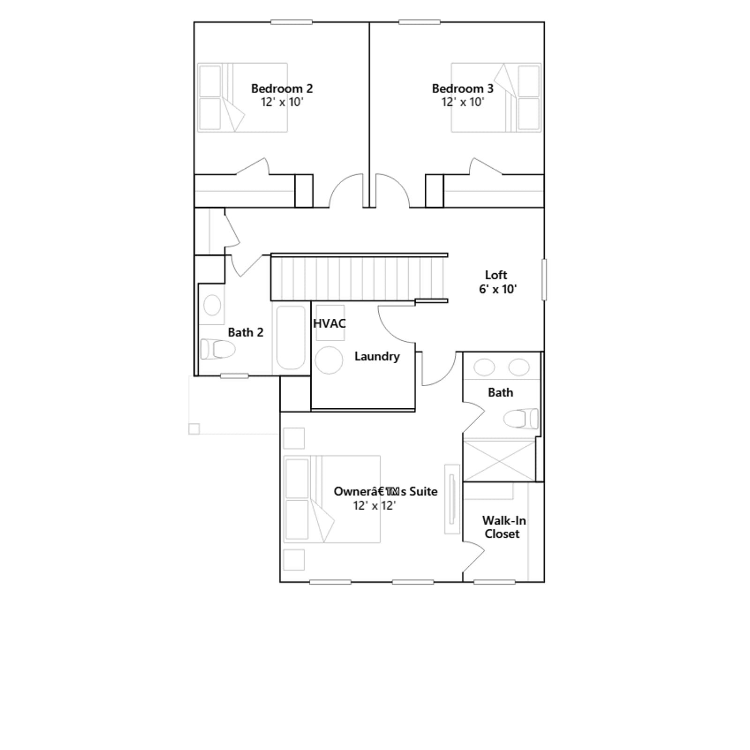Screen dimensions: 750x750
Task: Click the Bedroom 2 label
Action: click(282, 89)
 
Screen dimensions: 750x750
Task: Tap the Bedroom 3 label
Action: click(463, 89)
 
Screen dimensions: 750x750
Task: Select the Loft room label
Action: click(496, 275)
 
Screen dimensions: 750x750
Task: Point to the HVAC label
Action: click(330, 323)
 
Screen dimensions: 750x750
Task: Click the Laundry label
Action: click(377, 356)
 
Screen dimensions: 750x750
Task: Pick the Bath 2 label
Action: click(246, 332)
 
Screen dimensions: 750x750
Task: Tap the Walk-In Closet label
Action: click(503, 527)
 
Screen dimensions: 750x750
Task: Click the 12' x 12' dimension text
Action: click(375, 506)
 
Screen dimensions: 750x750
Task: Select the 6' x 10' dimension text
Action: click(498, 289)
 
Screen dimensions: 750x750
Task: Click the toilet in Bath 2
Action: click(218, 349)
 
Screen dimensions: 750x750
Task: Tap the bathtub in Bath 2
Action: click(291, 337)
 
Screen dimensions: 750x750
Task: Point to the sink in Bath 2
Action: click(212, 305)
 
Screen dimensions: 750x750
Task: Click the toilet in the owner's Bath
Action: click(521, 419)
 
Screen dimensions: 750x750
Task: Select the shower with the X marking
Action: click(499, 460)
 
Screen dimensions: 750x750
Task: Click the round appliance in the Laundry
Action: click(329, 360)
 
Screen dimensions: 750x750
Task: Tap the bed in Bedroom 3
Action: click(496, 97)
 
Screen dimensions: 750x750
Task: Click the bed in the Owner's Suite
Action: click(332, 499)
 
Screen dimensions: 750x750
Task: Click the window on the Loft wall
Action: click(544, 279)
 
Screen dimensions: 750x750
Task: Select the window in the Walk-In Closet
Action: click(495, 582)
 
